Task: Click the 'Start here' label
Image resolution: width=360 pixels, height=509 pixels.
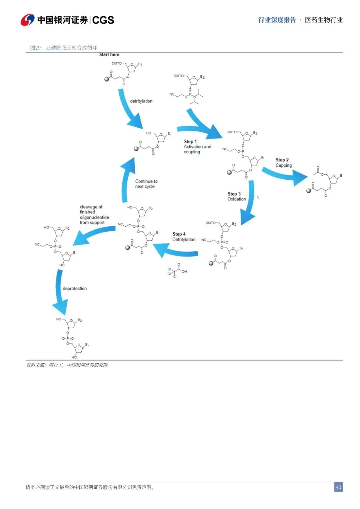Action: point(109,54)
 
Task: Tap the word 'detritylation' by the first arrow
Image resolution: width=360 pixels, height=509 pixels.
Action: point(141,101)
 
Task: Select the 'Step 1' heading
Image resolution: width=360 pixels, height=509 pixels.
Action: point(190,141)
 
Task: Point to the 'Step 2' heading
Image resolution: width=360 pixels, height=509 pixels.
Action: point(282,160)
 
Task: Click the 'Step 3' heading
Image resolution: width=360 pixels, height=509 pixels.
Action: point(234,194)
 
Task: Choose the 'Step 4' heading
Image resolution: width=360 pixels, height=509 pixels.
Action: point(179,234)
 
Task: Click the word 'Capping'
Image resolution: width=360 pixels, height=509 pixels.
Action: point(283,165)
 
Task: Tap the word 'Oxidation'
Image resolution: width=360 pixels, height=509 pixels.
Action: point(237,199)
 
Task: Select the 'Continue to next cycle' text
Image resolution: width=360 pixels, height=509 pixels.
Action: point(146,184)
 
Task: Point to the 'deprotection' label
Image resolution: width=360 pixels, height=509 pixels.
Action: point(75,289)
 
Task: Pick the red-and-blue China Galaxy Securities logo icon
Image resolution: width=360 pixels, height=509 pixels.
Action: point(27,20)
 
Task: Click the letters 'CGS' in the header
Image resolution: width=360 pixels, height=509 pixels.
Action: point(103,20)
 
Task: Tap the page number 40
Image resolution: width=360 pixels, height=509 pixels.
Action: point(338,487)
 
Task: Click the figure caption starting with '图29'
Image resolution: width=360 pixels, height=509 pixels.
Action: point(64,48)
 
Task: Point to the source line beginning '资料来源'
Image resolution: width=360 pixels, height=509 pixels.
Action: point(67,365)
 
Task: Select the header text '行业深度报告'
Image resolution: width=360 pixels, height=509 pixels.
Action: point(277,20)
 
